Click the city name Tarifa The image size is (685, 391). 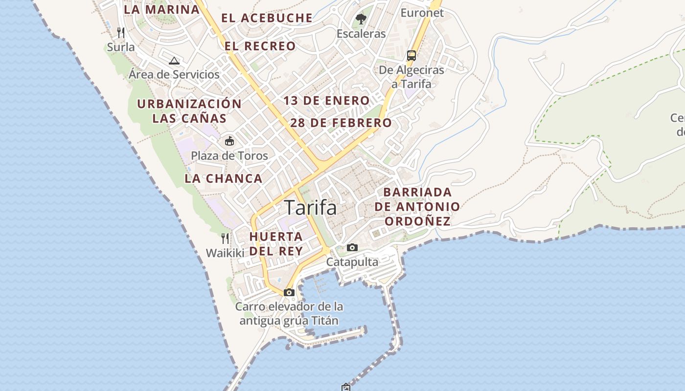pos(310,208)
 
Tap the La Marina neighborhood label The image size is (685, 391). pos(161,9)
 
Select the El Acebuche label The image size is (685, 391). pos(267,18)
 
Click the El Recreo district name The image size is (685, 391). pos(260,46)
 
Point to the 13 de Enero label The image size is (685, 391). pos(327,101)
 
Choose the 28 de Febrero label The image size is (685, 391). pos(341,123)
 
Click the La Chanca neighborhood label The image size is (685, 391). pos(224,178)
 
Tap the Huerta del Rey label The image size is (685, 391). pos(276,243)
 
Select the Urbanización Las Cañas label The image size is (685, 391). pos(189,111)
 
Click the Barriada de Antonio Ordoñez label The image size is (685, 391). pos(417,206)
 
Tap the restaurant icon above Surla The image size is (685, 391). pos(121,33)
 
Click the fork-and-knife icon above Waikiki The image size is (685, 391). pos(225,239)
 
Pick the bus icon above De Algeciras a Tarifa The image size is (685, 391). pos(411,55)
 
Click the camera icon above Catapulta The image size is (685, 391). pos(352,247)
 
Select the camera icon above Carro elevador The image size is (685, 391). pos(289,292)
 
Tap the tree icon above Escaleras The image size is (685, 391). pos(361,19)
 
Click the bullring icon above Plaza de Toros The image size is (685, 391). pos(229,141)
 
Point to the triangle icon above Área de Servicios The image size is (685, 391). pos(174,61)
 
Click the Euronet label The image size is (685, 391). pos(422,13)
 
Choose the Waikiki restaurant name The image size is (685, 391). pos(225,253)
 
